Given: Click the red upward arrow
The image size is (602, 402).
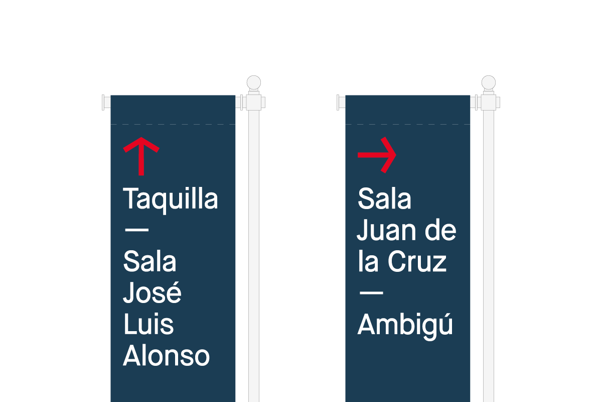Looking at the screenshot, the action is [141, 156].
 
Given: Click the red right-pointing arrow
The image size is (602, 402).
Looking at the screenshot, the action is [377, 155].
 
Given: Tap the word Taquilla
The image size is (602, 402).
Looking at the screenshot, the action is [171, 200].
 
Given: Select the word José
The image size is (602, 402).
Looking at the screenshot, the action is [152, 292].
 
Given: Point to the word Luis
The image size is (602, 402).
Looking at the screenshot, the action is [148, 324].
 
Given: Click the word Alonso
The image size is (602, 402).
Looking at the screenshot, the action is [166, 355].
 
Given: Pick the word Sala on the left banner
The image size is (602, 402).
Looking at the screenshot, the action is [149, 261].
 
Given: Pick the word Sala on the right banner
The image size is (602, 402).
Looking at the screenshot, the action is [384, 198].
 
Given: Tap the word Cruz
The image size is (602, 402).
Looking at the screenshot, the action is [417, 261].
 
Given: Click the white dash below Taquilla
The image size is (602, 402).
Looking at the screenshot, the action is [137, 230].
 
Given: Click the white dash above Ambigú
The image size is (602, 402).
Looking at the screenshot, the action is [371, 292].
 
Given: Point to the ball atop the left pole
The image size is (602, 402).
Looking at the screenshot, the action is [254, 82].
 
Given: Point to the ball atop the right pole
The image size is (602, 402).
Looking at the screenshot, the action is [489, 82].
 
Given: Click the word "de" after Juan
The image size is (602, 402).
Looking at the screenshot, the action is [440, 230].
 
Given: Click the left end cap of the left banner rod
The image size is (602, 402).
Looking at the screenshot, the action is [103, 103].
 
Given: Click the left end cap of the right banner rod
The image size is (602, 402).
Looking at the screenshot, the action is [338, 103].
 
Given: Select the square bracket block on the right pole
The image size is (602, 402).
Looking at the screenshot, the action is [489, 103].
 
